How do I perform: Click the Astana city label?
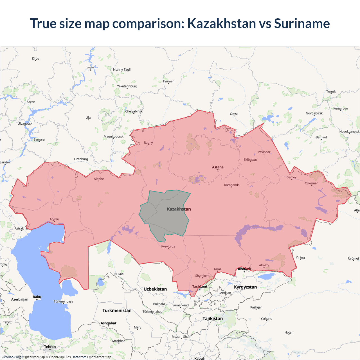click(x=218, y=167)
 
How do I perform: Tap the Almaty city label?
click(x=264, y=265)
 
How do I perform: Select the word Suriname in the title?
click(x=302, y=23)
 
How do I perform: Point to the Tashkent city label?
click(x=200, y=286)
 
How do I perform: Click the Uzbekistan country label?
click(x=155, y=289)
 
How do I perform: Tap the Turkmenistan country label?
click(x=117, y=310)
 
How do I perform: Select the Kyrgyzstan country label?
click(x=245, y=287)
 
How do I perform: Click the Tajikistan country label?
click(x=213, y=319)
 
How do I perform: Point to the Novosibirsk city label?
click(x=314, y=113)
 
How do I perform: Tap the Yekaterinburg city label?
click(x=127, y=86)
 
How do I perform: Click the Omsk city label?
click(x=234, y=114)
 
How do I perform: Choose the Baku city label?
click(x=37, y=297)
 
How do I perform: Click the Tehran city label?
click(x=50, y=347)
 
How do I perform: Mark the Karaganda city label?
click(x=232, y=185)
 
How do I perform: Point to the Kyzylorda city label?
click(x=168, y=247)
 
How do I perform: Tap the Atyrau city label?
click(x=54, y=219)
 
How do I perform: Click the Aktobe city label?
click(x=99, y=179)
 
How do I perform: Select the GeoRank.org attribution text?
click(x=11, y=357)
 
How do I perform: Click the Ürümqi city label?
click(x=353, y=258)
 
